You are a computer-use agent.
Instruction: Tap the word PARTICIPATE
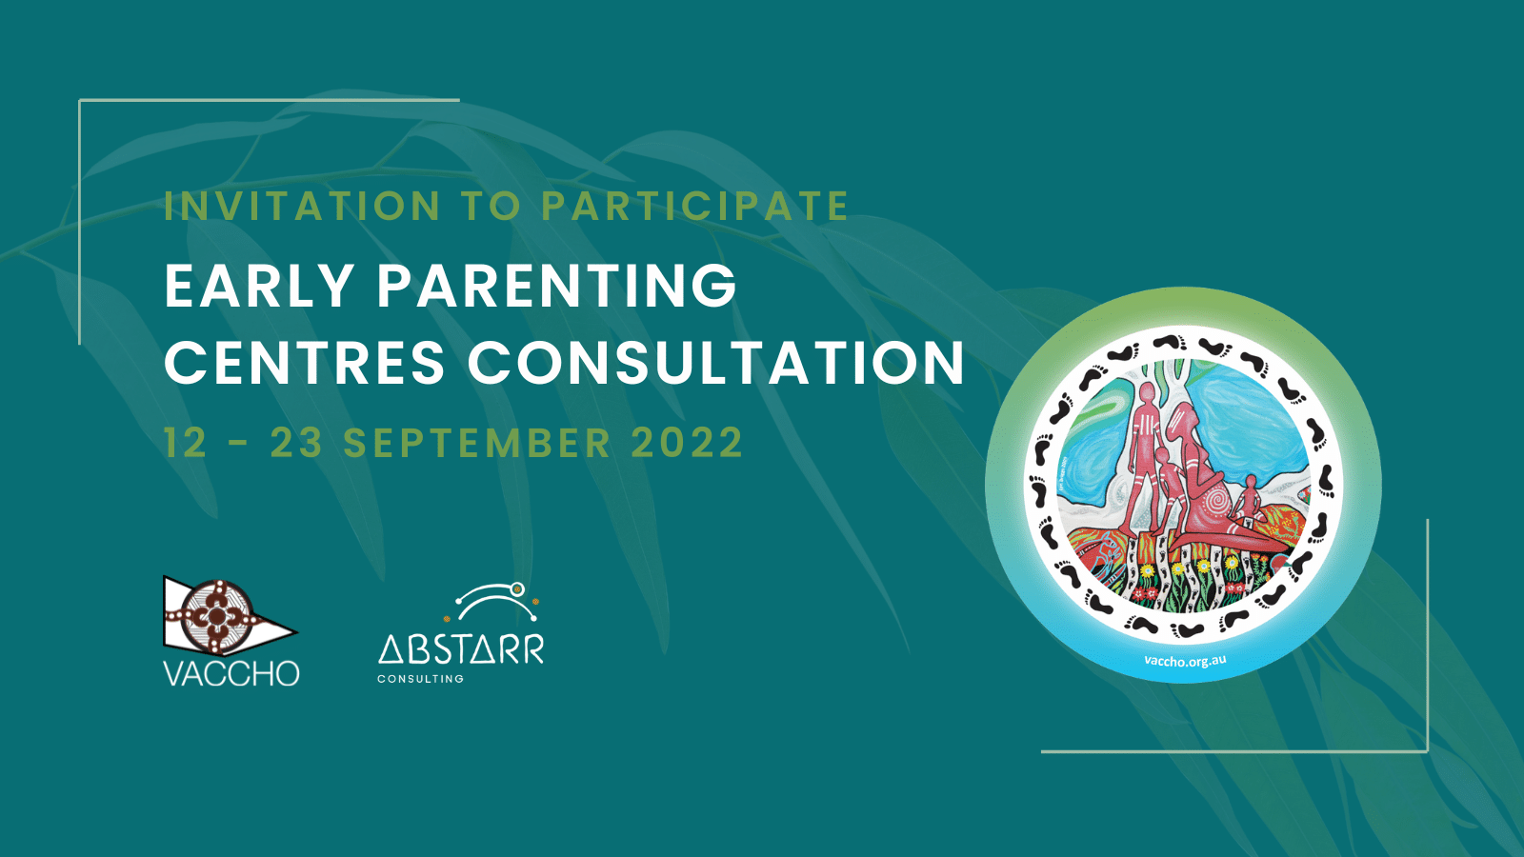(x=694, y=206)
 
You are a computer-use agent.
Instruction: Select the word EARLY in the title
(x=258, y=286)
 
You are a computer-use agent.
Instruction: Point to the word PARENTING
(x=557, y=286)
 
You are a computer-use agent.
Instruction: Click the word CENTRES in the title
(x=304, y=362)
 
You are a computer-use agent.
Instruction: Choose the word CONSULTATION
(x=715, y=362)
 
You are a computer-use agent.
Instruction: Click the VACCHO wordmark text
(x=231, y=673)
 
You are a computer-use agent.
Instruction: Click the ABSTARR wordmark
(x=461, y=648)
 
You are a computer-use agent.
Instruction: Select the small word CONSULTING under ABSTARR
(x=420, y=679)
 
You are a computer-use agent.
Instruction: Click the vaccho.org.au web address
(x=1185, y=660)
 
